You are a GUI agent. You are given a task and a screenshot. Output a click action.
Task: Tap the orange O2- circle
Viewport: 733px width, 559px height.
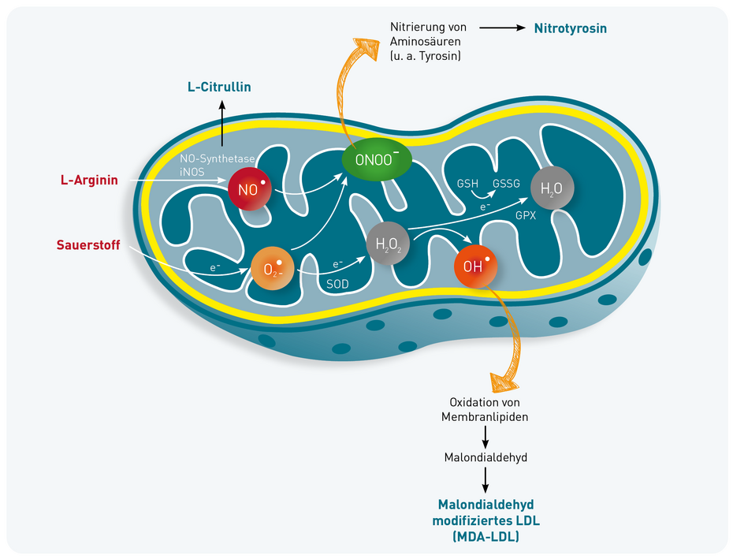pos(270,270)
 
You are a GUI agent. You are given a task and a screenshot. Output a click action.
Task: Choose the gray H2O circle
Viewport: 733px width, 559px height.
pos(553,189)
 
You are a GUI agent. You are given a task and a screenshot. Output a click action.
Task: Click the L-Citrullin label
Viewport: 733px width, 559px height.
pos(219,87)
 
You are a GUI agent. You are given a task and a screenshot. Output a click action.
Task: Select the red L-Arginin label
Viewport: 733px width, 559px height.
pos(89,181)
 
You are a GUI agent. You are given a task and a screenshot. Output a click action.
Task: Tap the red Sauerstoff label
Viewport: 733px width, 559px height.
pos(88,245)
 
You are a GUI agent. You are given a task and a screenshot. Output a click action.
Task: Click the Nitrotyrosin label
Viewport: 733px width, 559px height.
pos(570,28)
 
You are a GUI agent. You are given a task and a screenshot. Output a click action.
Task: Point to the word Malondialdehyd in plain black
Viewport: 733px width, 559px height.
pos(485,457)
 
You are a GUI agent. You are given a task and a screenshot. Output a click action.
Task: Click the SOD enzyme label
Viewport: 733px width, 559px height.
pos(337,281)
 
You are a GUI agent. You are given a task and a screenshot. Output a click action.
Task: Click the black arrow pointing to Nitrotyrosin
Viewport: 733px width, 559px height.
pos(501,28)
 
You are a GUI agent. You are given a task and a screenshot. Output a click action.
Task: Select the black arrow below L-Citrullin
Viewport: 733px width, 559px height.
pos(222,124)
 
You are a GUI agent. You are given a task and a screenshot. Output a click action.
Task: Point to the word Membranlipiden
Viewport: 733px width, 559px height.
pos(485,416)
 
